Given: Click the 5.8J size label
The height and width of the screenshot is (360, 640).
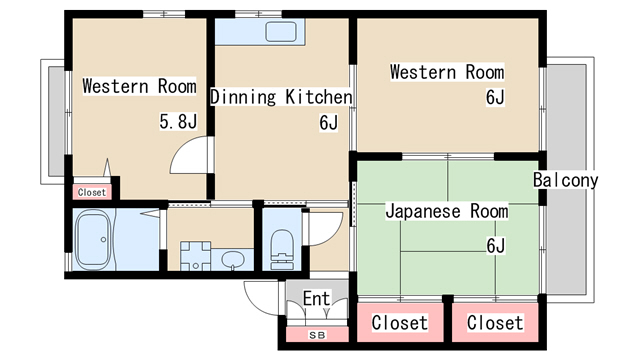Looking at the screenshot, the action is (178, 121).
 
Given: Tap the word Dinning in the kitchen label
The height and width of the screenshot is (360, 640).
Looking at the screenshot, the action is (243, 97).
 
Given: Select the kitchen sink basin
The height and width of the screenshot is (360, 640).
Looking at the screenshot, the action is (281, 31).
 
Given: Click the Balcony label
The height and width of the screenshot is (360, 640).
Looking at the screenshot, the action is (566, 180).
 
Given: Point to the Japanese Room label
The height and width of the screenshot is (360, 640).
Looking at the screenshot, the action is (447, 211).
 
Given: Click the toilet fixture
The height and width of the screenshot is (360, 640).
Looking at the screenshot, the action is (282, 249).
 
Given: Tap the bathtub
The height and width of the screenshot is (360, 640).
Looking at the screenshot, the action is (94, 240).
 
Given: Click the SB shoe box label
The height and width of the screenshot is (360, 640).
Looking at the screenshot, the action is (317, 335).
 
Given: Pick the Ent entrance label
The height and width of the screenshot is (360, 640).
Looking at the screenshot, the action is (316, 299).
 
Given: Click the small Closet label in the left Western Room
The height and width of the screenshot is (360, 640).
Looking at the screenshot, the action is (92, 192).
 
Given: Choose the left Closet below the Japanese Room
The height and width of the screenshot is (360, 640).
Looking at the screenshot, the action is (400, 322).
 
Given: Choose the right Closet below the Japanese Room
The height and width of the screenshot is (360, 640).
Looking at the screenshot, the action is (495, 322).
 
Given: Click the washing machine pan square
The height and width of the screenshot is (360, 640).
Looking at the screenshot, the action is (196, 256).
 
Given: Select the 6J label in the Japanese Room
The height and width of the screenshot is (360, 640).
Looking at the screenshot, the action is (496, 246).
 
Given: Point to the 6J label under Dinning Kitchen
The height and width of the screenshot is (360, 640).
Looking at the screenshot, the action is (329, 122).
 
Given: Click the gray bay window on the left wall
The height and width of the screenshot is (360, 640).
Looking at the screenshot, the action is (56, 121).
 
